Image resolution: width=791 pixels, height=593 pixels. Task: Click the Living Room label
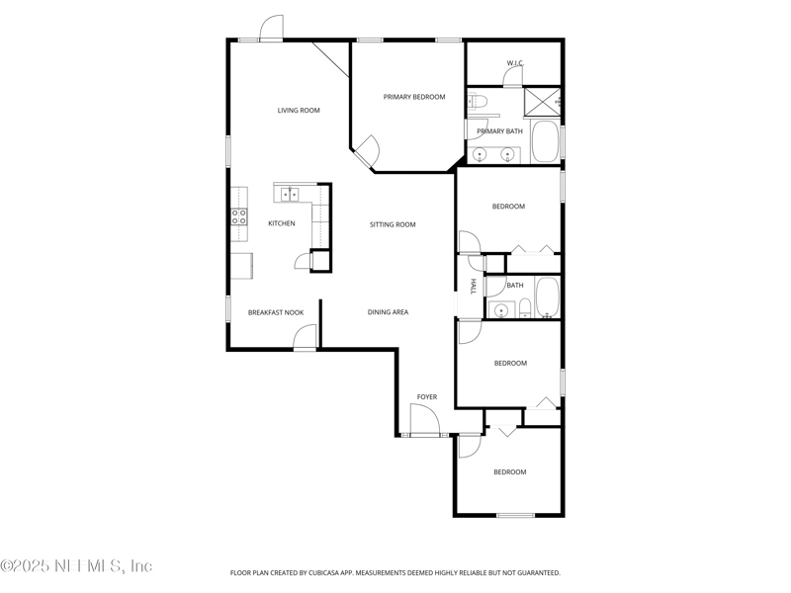point(299,111)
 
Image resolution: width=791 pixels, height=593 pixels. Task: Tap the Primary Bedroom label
point(414,97)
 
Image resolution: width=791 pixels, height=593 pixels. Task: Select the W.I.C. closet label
point(515,63)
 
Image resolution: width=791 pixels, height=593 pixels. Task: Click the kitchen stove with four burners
point(239,216)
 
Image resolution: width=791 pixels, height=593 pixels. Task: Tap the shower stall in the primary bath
point(542,103)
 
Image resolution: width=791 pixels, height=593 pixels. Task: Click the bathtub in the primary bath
point(546,141)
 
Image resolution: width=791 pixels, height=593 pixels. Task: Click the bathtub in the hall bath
point(548,297)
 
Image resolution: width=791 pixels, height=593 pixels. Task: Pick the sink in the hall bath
point(501,310)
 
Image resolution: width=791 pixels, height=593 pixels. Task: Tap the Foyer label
point(427,397)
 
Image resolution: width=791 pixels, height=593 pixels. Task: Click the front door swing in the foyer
point(424,419)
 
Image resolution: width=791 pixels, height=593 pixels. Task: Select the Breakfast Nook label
point(276,312)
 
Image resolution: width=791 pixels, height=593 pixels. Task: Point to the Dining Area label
point(388,312)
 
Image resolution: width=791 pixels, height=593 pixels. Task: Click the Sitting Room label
point(393,224)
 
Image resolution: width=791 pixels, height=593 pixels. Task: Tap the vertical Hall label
point(474,287)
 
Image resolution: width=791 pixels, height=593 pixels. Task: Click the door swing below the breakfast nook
point(305,336)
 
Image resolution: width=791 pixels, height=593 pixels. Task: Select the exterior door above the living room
point(271,28)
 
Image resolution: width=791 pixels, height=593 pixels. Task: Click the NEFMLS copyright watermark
point(76,565)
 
